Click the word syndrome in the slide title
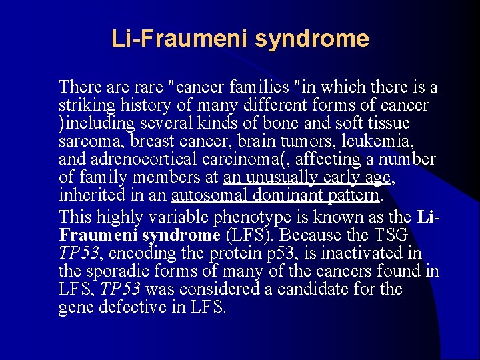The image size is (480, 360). [x=311, y=39]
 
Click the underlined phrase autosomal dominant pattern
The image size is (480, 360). [x=275, y=196]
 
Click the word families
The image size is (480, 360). [x=264, y=87]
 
